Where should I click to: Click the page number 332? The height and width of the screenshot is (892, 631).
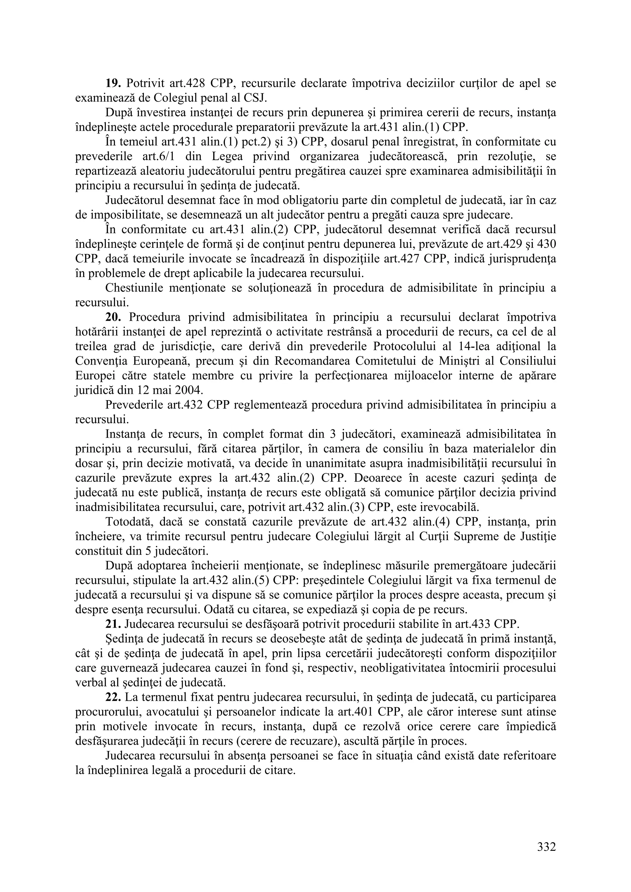pos(546,846)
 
